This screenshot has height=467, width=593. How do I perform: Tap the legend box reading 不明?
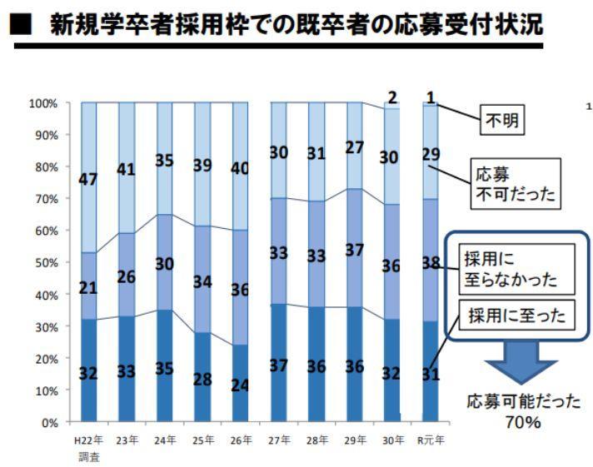click(502, 122)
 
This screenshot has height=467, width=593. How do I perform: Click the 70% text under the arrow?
click(522, 423)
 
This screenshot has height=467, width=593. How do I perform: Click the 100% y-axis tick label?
click(42, 103)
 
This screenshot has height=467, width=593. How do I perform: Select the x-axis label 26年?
click(240, 440)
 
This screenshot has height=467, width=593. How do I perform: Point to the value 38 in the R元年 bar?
click(431, 263)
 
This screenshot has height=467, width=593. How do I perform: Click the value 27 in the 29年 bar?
click(354, 147)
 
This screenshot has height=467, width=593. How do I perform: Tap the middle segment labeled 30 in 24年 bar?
click(164, 263)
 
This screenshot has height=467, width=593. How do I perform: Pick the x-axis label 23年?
click(126, 440)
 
